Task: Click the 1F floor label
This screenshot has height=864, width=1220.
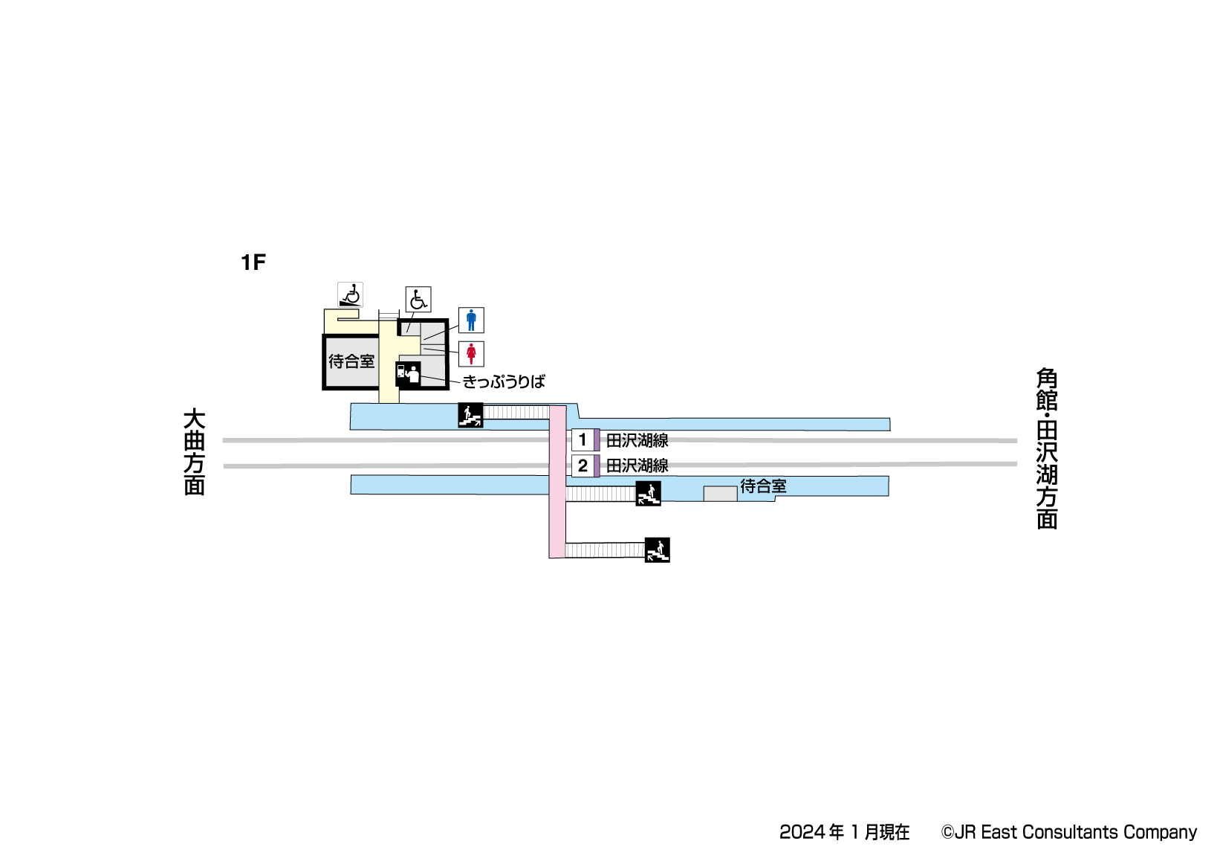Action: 253,262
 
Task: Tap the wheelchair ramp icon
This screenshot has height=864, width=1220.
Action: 350,295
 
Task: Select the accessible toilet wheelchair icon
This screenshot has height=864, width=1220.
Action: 418,300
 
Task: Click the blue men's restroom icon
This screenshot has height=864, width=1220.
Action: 471,320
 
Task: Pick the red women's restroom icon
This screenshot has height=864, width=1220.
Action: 471,354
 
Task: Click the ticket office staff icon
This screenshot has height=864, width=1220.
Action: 408,374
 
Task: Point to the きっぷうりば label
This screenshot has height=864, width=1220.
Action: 504,382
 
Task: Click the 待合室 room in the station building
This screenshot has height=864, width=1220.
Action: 351,362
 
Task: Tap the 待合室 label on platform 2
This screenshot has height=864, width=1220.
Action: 763,486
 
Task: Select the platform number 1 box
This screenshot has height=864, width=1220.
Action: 583,440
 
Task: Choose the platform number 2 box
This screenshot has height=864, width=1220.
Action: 583,466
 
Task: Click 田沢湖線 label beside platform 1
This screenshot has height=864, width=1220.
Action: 637,441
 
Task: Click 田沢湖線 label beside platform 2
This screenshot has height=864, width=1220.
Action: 637,466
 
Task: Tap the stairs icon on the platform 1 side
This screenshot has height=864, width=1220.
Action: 470,415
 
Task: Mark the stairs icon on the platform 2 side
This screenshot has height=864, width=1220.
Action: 648,494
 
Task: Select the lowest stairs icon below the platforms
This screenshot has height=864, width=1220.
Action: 657,549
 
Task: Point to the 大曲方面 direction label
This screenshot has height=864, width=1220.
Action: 194,451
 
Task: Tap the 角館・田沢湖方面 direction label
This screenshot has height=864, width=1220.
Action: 1047,448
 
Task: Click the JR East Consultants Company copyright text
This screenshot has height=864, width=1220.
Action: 1069,832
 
